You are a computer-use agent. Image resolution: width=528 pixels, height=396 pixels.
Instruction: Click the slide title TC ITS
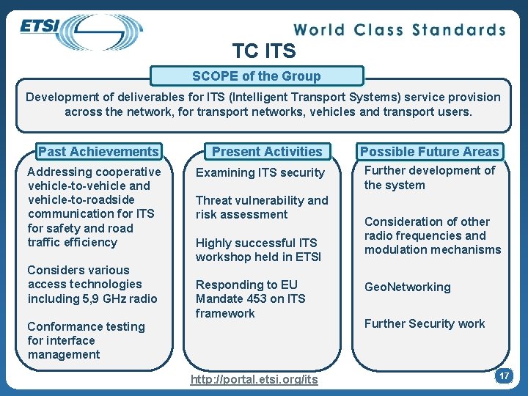pyautogui.click(x=264, y=51)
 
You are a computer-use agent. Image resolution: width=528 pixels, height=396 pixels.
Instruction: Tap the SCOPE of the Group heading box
pyautogui.click(x=257, y=76)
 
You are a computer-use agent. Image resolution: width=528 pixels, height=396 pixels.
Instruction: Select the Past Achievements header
pyautogui.click(x=98, y=152)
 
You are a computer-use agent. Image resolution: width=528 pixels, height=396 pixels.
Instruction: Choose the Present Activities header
pyautogui.click(x=267, y=152)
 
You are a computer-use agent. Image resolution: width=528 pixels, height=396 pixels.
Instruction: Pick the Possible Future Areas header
pyautogui.click(x=429, y=152)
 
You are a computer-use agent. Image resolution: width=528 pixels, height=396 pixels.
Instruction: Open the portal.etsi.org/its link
pyautogui.click(x=254, y=379)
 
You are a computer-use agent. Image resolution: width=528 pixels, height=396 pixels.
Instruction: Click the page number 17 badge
pyautogui.click(x=503, y=376)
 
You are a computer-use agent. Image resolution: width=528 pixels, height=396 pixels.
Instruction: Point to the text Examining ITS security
pyautogui.click(x=260, y=173)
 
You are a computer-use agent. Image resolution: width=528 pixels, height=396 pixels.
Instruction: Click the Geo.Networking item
pyautogui.click(x=408, y=287)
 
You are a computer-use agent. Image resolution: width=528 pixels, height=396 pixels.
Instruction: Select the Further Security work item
pyautogui.click(x=425, y=323)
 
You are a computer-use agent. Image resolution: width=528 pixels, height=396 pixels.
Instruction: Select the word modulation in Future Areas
pyautogui.click(x=397, y=250)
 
